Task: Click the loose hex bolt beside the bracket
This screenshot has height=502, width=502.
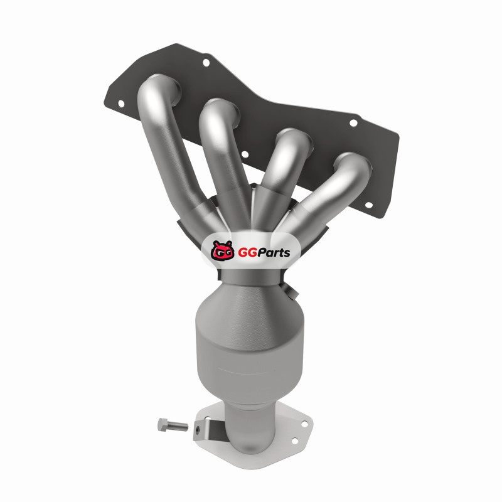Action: pyautogui.click(x=172, y=425)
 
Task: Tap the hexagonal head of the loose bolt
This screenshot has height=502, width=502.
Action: pyautogui.click(x=163, y=425)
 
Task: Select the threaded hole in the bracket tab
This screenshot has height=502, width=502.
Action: pyautogui.click(x=198, y=429)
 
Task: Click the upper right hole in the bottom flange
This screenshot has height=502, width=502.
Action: pyautogui.click(x=304, y=424)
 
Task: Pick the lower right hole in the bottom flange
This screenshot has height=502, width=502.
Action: pyautogui.click(x=295, y=441)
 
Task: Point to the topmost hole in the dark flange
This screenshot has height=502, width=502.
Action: pyautogui.click(x=206, y=62)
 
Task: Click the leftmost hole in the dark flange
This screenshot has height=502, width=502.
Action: pyautogui.click(x=121, y=104)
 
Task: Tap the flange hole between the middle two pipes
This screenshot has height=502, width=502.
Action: pyautogui.click(x=245, y=154)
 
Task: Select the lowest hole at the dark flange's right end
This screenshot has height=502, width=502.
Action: pyautogui.click(x=368, y=205)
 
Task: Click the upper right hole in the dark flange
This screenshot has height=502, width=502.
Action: pyautogui.click(x=353, y=123)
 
